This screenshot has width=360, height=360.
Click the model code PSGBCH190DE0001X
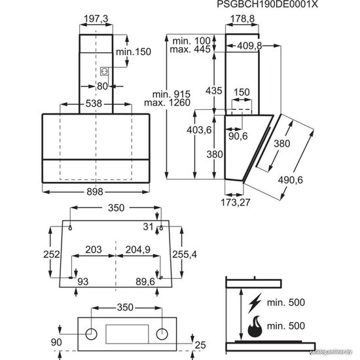(x=267, y=5)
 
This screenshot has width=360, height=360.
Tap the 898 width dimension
(x=95, y=192)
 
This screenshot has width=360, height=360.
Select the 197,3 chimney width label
(x=96, y=19)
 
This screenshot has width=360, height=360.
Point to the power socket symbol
(x=104, y=71)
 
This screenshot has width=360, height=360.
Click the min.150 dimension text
(x=134, y=52)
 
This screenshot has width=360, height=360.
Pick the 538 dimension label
(x=94, y=103)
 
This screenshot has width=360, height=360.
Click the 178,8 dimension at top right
(x=242, y=19)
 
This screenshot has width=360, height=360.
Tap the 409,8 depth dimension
(x=249, y=46)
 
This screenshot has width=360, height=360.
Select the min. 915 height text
(x=171, y=94)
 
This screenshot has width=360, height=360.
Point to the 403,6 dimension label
(x=199, y=130)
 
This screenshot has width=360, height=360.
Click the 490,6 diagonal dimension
(x=291, y=180)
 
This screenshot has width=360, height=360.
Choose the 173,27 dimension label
(x=236, y=202)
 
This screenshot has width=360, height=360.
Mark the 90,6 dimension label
(x=238, y=136)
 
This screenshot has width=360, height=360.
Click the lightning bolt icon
(x=255, y=303)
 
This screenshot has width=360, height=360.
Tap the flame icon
(x=255, y=326)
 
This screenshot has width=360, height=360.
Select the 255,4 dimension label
(x=185, y=255)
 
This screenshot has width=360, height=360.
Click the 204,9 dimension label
(x=137, y=249)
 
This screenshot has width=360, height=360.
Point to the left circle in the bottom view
(x=91, y=334)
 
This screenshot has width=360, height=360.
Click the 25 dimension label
(x=200, y=345)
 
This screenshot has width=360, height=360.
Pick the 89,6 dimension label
(x=145, y=281)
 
